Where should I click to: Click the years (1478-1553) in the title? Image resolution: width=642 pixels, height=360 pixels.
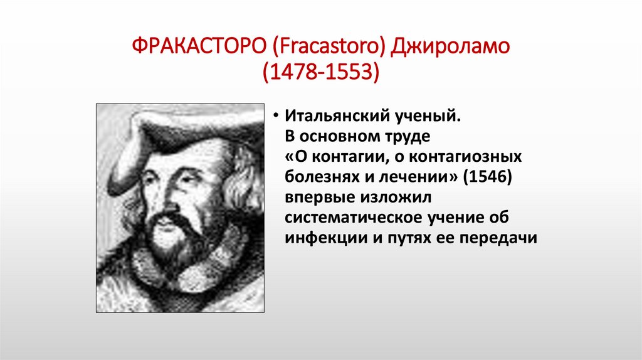(321, 72)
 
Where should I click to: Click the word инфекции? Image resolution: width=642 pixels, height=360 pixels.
(320, 239)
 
